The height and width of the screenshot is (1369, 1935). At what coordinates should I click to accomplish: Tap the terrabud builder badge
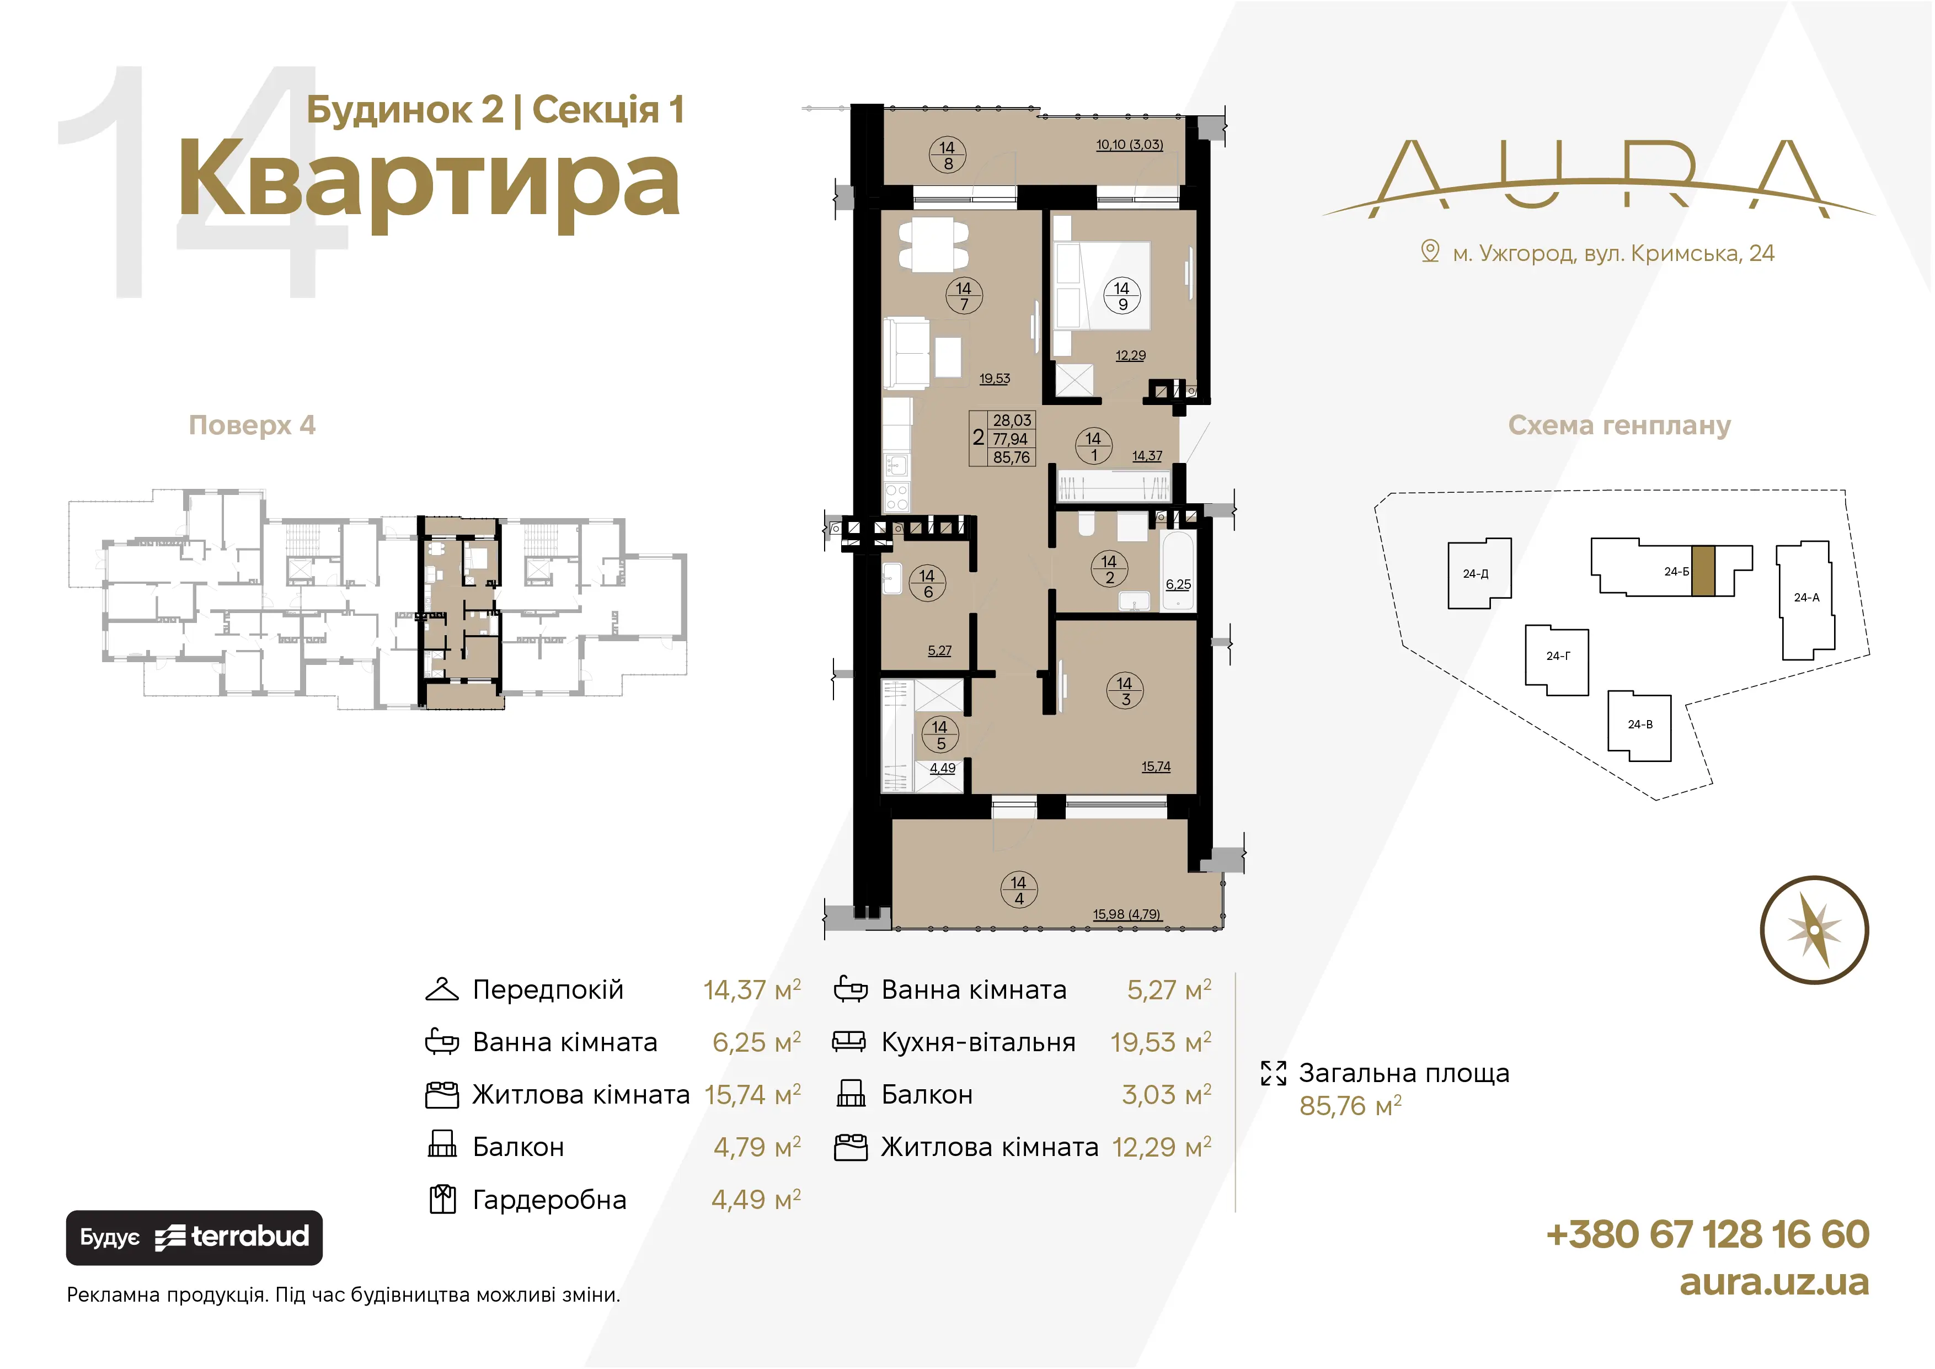point(194,1238)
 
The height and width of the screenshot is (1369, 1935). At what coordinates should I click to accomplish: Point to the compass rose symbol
point(1815,930)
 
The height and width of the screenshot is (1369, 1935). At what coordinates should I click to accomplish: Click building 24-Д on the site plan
point(1479,573)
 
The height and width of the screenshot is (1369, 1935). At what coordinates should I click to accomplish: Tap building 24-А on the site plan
point(1805,599)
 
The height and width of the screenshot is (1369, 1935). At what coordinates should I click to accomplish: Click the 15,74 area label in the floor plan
point(1156,767)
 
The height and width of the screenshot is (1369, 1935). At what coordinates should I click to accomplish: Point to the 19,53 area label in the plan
point(995,379)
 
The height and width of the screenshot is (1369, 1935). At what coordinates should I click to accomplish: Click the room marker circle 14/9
point(1122,296)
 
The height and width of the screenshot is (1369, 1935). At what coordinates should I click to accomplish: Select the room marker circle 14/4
point(1019,890)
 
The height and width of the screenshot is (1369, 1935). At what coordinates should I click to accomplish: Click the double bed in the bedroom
point(1102,286)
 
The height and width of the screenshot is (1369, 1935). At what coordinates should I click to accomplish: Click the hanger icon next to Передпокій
point(442,990)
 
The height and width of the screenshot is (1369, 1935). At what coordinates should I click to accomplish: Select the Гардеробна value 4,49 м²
point(756,1200)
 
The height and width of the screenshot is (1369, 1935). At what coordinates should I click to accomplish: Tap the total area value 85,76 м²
point(1350,1106)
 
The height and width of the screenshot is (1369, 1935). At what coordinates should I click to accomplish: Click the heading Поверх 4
point(252,425)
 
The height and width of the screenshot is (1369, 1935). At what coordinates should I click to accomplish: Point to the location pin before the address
point(1430,251)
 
